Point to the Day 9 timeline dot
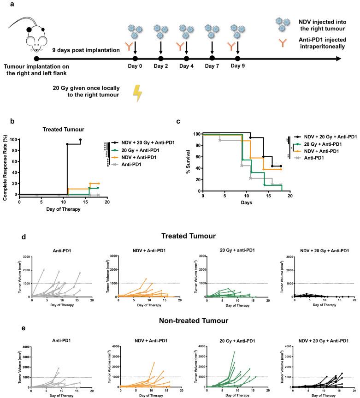coord(237,59)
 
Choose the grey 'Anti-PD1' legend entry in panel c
coord(317,158)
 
